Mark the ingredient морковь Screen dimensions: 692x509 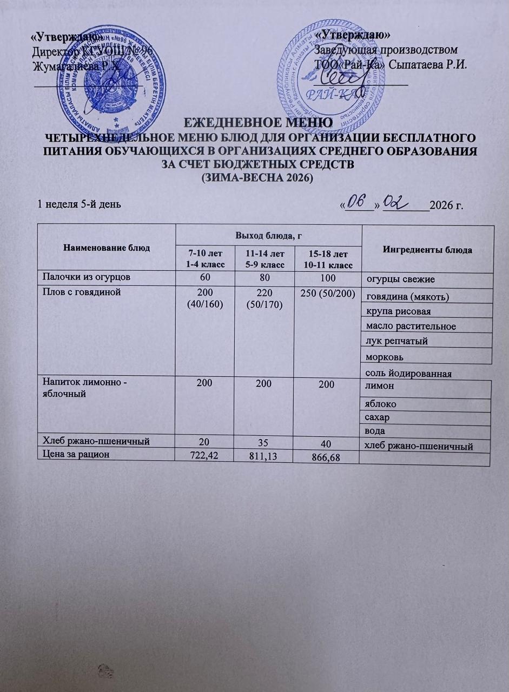[x=385, y=357]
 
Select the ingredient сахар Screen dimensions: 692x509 [x=377, y=418]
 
